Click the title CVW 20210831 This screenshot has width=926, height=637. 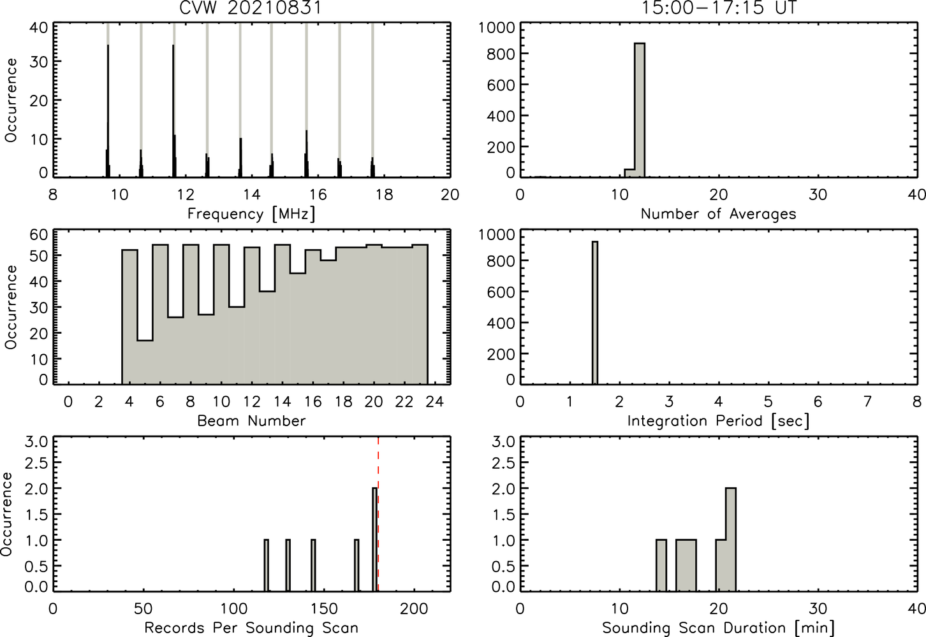250,8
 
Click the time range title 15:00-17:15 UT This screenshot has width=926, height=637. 719,8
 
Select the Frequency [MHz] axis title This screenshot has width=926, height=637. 251,214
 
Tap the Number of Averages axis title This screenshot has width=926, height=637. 719,213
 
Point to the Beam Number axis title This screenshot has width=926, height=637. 251,420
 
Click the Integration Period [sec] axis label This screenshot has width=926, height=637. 719,421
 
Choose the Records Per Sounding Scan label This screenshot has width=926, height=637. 251,628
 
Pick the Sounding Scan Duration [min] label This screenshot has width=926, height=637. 719,628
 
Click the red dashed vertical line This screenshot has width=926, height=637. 378,514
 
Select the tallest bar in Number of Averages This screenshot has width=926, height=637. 640,110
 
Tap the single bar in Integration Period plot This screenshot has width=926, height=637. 595,313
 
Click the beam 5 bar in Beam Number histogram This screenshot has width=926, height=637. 145,362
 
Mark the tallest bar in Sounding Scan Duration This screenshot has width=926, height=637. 731,540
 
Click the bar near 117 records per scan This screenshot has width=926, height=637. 266,565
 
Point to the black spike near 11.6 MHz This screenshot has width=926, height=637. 173,111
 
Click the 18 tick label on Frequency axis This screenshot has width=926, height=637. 384,194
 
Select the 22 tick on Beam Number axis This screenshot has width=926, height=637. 404,401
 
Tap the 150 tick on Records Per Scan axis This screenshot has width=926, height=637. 324,608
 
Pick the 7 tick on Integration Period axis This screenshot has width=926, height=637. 867,401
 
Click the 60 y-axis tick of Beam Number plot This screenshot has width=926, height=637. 38,235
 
